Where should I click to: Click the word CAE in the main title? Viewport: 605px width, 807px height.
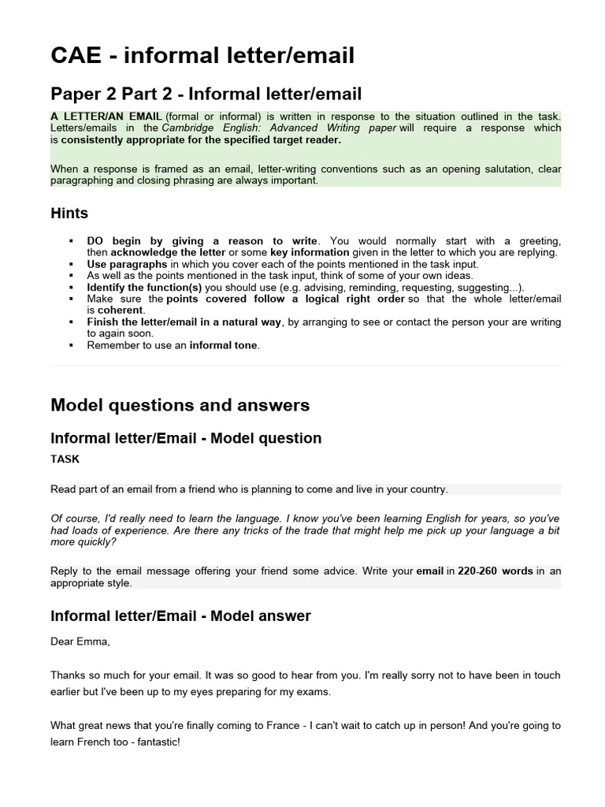click(75, 55)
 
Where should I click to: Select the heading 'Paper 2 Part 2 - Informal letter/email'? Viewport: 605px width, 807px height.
click(206, 95)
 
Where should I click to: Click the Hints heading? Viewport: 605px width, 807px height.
click(69, 214)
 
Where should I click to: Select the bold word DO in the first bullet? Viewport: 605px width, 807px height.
click(95, 241)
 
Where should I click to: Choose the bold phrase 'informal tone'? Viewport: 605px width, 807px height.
click(224, 345)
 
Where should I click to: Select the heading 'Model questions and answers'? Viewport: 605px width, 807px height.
click(180, 405)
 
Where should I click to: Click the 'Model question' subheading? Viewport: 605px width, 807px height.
click(186, 438)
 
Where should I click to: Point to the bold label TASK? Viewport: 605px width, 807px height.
click(65, 459)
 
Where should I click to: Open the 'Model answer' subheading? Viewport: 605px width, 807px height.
click(180, 616)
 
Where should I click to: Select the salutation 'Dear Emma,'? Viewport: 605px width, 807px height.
click(80, 642)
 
